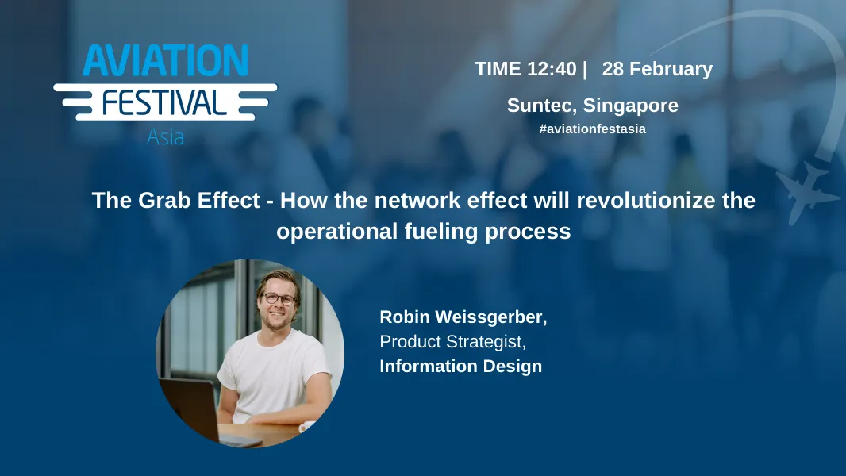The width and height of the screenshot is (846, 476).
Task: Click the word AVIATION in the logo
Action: click(x=165, y=61)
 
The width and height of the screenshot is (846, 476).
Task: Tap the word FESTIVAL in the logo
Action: click(x=165, y=102)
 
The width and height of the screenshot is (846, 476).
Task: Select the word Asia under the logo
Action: click(x=165, y=136)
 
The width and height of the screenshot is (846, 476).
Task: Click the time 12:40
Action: click(x=552, y=69)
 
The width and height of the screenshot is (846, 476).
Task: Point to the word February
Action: click(x=671, y=69)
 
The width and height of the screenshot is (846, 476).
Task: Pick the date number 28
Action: click(x=613, y=69)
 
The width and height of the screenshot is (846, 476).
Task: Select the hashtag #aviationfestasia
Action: click(x=592, y=129)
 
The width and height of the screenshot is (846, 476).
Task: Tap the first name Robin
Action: click(x=405, y=317)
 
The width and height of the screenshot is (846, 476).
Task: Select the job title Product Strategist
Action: click(x=452, y=342)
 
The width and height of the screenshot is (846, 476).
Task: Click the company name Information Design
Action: click(x=460, y=366)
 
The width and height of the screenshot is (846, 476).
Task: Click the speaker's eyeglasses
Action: click(x=279, y=300)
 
